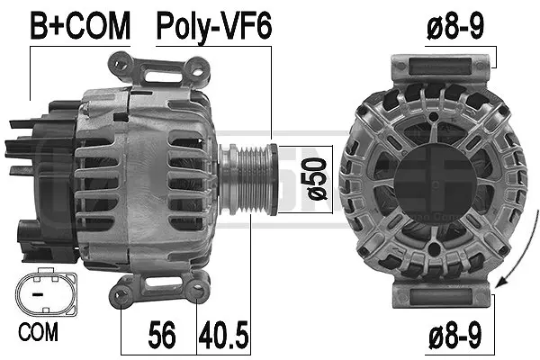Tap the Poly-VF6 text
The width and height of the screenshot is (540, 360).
(x=214, y=26)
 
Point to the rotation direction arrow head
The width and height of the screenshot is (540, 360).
(x=491, y=286)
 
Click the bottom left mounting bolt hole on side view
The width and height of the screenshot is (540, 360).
(x=123, y=290)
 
